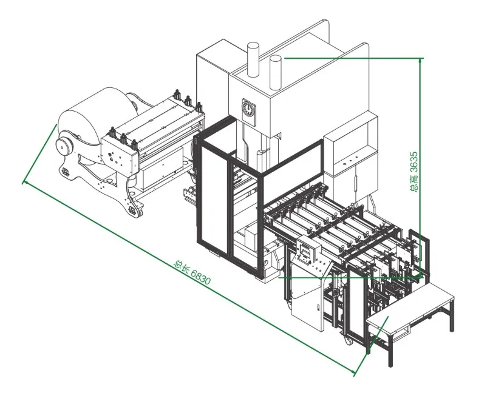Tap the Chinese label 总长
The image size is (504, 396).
[181, 266]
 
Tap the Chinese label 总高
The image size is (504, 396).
[415, 184]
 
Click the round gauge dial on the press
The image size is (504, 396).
[248, 107]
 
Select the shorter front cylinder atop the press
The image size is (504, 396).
[276, 72]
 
